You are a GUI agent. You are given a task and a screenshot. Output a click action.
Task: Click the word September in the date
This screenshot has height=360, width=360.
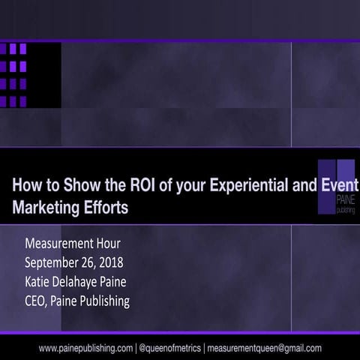click(55, 263)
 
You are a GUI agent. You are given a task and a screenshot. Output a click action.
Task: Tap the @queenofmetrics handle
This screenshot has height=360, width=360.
click(169, 347)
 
